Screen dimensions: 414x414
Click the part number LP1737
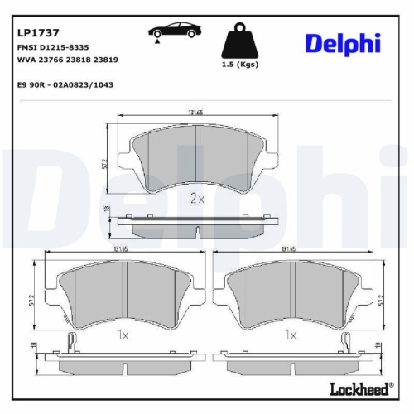pos(36,33)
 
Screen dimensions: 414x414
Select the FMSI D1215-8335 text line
pos(53,49)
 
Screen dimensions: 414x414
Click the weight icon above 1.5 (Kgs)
pos(240,41)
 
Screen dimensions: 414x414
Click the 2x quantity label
pos(197,199)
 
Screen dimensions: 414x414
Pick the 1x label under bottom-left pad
pos(123,335)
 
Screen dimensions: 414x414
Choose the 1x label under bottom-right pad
pos(290,335)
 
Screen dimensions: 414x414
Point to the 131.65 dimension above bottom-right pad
pos(289,248)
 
